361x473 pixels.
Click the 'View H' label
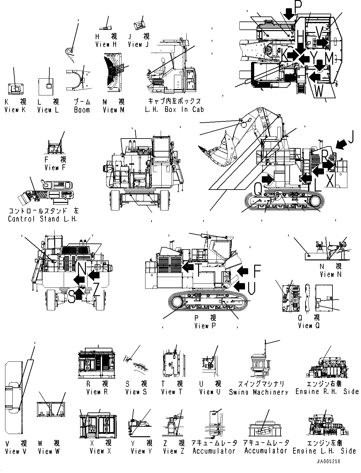tap(106, 45)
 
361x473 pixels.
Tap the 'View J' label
tap(138, 45)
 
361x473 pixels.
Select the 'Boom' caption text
tap(82, 110)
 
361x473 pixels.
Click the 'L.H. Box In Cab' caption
tap(174, 110)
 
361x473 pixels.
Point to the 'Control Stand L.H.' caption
tap(42, 219)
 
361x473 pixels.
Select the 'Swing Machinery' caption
tap(259, 392)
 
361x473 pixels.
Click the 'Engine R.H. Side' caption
tap(326, 392)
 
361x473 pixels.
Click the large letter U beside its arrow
tap(252, 288)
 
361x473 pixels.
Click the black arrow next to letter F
tap(242, 270)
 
